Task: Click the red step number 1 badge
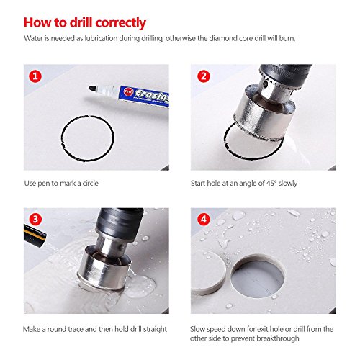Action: (x=35, y=76)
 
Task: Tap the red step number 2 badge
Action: (x=204, y=76)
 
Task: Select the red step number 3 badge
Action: (x=35, y=219)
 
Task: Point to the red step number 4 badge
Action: (x=204, y=219)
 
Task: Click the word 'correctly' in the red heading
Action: (x=121, y=23)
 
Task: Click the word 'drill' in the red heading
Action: (x=81, y=22)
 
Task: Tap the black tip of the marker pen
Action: (x=91, y=89)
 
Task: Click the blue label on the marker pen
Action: (x=144, y=96)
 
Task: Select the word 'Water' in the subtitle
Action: (x=32, y=38)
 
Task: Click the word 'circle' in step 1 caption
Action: (x=91, y=184)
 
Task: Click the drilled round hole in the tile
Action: (x=258, y=276)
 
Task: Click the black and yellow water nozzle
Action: (x=35, y=234)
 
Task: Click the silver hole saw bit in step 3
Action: (x=104, y=266)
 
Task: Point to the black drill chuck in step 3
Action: (x=120, y=222)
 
